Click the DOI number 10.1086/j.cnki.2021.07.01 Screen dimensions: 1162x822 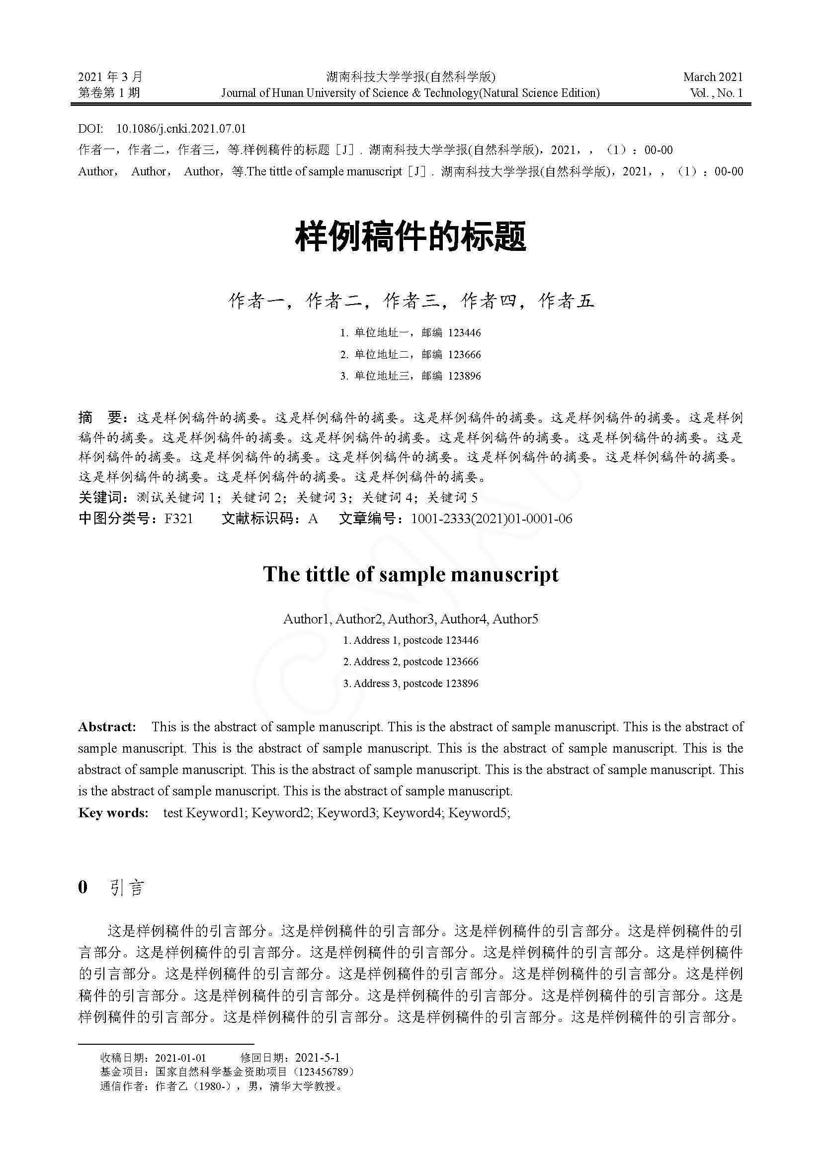click(x=181, y=129)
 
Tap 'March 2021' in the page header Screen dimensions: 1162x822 click(x=713, y=77)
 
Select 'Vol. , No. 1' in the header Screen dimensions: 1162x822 click(x=716, y=93)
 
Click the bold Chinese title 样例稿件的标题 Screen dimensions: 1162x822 click(x=411, y=237)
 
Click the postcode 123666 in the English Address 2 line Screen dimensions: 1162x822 click(x=462, y=661)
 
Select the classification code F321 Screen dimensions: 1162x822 click(x=178, y=519)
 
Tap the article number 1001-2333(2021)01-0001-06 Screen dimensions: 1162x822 click(x=492, y=519)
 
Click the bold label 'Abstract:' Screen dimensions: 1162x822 click(x=107, y=727)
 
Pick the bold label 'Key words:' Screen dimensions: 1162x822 click(x=113, y=813)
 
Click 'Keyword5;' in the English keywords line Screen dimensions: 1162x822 click(x=479, y=813)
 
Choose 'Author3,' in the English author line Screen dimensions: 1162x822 click(x=411, y=619)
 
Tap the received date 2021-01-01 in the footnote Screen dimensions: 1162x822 click(x=180, y=1057)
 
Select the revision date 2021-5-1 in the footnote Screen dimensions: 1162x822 click(x=317, y=1057)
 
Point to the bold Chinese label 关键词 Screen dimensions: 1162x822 click(x=100, y=497)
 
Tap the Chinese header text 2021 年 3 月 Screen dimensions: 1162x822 click(x=110, y=77)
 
